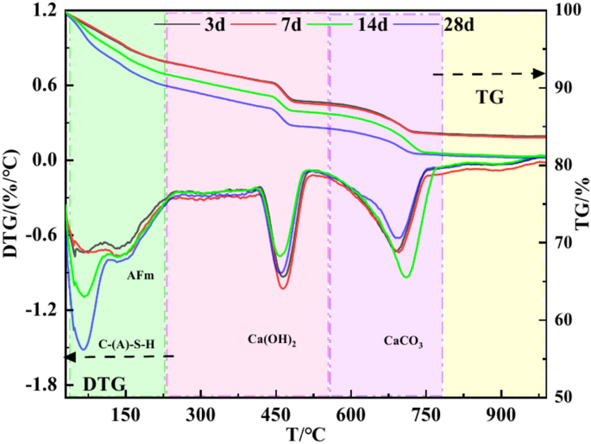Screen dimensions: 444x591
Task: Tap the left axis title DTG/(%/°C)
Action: click(12, 203)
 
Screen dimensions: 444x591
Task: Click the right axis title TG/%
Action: click(579, 203)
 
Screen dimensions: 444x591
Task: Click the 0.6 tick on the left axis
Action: click(45, 85)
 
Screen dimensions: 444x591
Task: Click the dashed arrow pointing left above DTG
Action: click(120, 356)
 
